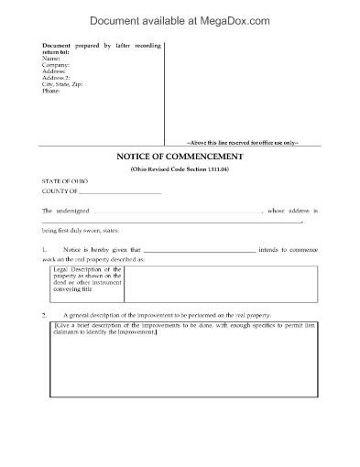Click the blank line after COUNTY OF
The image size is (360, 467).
120,192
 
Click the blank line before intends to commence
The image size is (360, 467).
200,250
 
